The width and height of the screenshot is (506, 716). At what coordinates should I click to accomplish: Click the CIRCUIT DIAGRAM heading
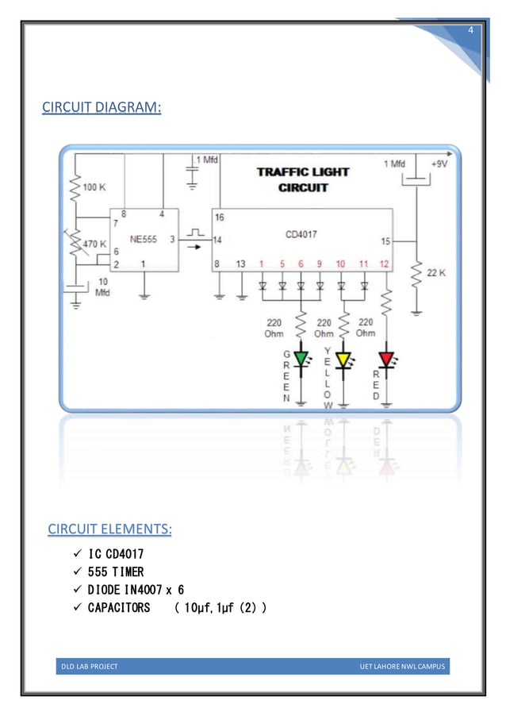tap(101, 106)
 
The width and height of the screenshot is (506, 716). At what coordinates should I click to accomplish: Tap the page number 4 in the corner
tap(471, 30)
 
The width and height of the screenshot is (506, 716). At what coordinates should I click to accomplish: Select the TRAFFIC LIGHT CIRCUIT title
tap(302, 179)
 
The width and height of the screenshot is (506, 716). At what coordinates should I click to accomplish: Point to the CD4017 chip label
tap(302, 234)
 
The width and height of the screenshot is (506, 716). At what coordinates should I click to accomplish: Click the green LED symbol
tap(301, 360)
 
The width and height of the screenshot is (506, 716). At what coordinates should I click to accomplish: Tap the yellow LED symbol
tap(343, 360)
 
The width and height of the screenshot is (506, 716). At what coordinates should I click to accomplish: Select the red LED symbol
tap(386, 360)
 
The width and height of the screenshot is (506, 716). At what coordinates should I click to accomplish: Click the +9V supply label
tap(439, 164)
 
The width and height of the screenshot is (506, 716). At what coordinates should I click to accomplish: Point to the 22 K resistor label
tap(437, 272)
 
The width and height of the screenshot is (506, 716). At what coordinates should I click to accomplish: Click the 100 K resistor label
tap(94, 187)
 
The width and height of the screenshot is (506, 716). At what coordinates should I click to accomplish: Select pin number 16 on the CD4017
tap(219, 216)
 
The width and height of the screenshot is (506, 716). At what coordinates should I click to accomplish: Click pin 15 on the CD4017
tap(385, 240)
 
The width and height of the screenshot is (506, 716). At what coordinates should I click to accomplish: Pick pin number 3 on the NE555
tap(172, 238)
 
